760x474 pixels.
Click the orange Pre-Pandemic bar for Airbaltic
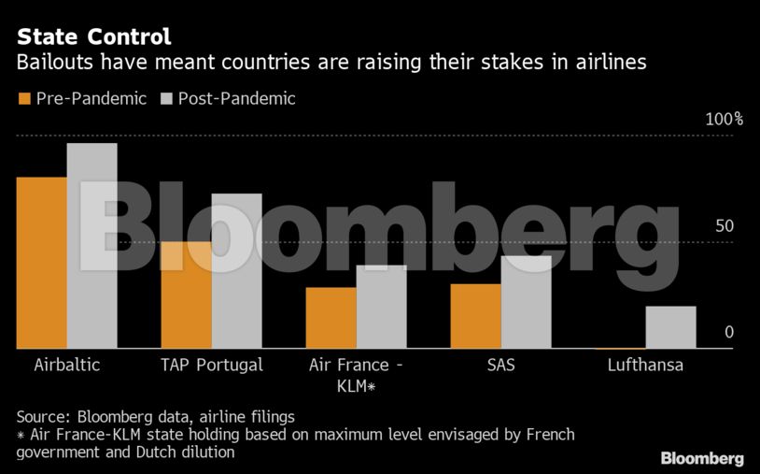pos(41,263)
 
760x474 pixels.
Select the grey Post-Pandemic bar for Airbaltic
pos(91,246)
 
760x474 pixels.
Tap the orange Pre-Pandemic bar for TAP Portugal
pos(186,295)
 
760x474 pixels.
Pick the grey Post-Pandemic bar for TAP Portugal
pos(236,271)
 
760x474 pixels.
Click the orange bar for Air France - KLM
pos(331,318)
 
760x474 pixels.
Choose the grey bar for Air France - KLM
pos(381,307)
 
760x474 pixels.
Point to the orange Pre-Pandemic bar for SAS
pos(475,316)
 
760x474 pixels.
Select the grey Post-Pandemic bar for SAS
pos(526,302)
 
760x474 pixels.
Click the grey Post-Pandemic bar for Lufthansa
pos(670,327)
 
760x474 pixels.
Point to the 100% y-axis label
pos(724,120)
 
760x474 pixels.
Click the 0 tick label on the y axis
pos(728,333)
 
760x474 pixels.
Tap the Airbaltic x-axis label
pos(66,365)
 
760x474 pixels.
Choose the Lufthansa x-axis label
pos(644,365)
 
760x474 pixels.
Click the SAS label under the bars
pos(500,365)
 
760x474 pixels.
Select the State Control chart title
pos(93,37)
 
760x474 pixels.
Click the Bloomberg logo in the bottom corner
pos(702,458)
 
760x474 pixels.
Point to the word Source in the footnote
pos(44,416)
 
